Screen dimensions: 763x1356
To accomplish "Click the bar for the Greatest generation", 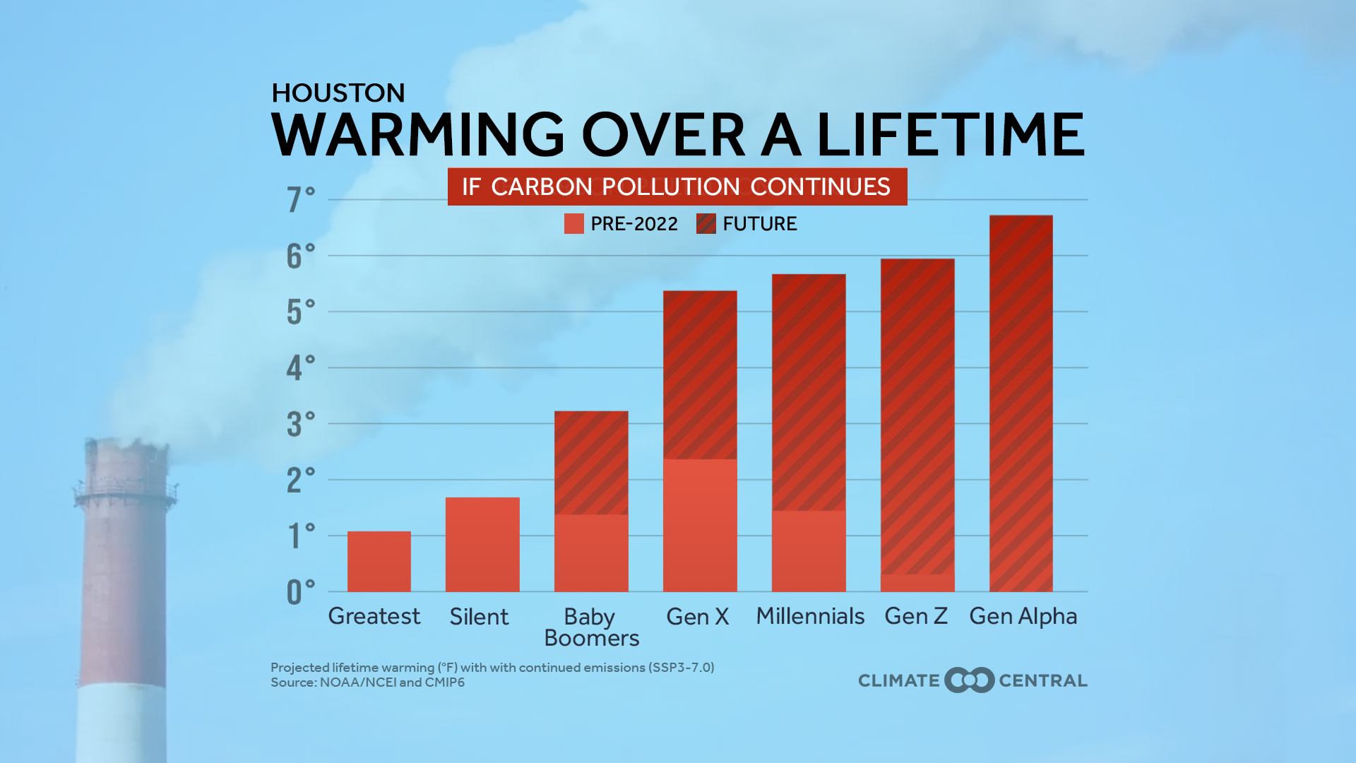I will click(x=379, y=562).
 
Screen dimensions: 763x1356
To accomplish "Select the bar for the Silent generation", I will click(x=482, y=545).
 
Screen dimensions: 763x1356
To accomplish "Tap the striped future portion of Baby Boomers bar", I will click(x=591, y=463).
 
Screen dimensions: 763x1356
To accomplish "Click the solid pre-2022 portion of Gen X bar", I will click(x=700, y=526).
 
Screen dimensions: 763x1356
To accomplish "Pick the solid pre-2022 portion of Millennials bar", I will click(x=809, y=551).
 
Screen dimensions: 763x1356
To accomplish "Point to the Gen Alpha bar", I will click(x=1021, y=403).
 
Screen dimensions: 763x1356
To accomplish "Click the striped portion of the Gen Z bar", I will click(x=917, y=417).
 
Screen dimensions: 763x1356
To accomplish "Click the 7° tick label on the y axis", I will click(x=300, y=200).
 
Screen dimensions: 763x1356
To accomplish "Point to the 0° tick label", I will click(x=300, y=593).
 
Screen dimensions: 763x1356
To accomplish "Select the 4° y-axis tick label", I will click(x=300, y=368).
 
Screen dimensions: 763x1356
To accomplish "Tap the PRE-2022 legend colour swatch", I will click(x=574, y=224).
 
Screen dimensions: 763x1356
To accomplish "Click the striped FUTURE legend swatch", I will click(x=706, y=224).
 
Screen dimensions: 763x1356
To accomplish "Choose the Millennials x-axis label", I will click(x=810, y=616).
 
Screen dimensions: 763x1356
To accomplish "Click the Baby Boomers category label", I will click(x=591, y=627).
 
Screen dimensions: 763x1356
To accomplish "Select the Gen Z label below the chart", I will click(x=916, y=616).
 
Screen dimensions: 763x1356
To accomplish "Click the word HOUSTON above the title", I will click(x=338, y=93).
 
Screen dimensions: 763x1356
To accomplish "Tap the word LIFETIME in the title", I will click(x=951, y=134).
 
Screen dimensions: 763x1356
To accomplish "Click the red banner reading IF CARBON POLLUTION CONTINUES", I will click(x=677, y=187).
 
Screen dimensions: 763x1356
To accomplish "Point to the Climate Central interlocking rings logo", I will click(x=970, y=680).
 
